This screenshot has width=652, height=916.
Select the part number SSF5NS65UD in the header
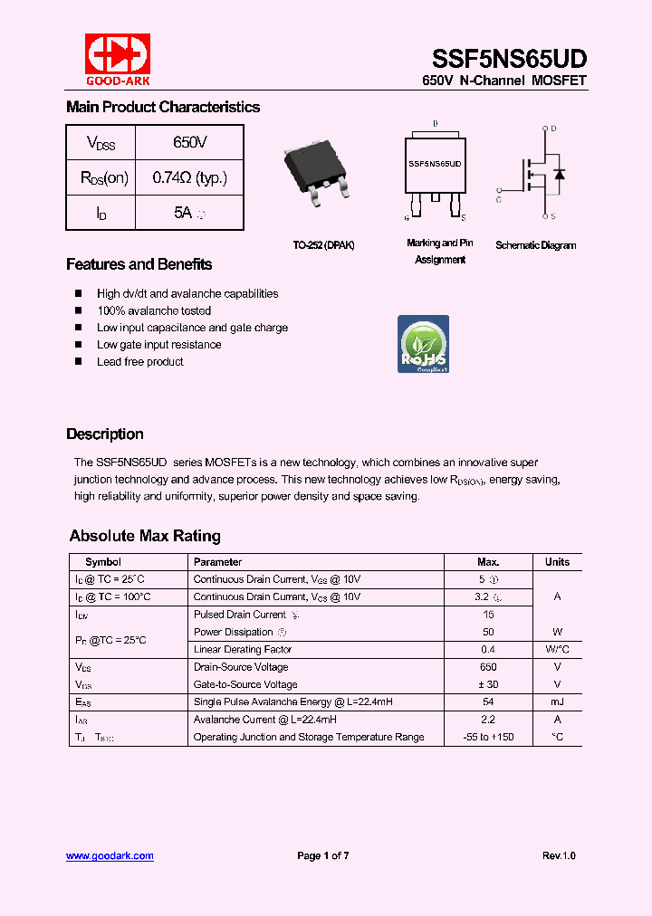coord(509,59)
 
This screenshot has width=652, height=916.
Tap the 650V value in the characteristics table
coord(189,143)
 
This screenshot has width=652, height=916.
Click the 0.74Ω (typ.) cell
coord(189,177)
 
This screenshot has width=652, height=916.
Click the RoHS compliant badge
coord(424,344)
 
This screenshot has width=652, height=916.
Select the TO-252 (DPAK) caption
coord(323,245)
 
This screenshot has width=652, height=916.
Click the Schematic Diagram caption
coord(535,245)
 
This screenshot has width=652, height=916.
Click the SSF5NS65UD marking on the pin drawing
coord(435,165)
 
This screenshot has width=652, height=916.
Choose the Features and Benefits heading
coord(139,264)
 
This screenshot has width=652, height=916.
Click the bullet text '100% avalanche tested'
coord(154,310)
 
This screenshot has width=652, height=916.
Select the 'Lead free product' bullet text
coord(140,361)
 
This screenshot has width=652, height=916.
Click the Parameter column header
coord(217,562)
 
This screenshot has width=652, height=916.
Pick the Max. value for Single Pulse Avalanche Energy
coord(488,701)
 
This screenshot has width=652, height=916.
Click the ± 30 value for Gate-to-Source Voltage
coord(488,684)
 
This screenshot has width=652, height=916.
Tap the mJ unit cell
coord(557,701)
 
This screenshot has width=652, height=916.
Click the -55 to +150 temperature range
coord(488,737)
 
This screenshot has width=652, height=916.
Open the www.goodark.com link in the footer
coord(110,855)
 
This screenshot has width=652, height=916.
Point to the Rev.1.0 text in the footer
coord(559,855)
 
